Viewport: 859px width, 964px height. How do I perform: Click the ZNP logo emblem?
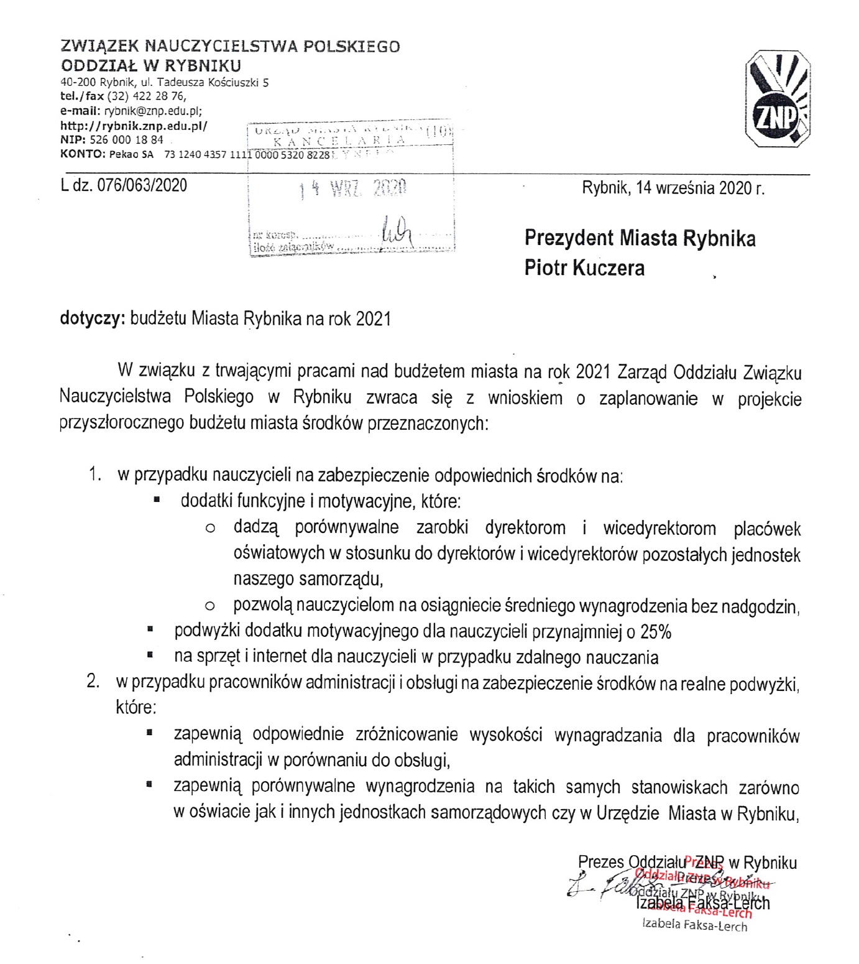[x=777, y=100]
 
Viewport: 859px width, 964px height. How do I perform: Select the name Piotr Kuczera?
[x=584, y=268]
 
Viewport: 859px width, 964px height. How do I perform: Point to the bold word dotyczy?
[x=93, y=319]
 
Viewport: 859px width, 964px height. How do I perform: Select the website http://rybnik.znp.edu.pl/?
[x=134, y=126]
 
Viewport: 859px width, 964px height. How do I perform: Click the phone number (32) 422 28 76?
[x=146, y=96]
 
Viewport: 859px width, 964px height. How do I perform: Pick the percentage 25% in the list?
[x=656, y=632]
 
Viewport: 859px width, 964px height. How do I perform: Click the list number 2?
[x=93, y=682]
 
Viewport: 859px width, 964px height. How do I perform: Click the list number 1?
[x=94, y=475]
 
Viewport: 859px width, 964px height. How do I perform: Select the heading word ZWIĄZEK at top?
[x=99, y=47]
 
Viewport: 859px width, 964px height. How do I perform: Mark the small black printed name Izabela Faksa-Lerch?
[x=694, y=925]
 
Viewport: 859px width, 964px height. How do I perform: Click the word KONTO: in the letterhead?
[x=83, y=154]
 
